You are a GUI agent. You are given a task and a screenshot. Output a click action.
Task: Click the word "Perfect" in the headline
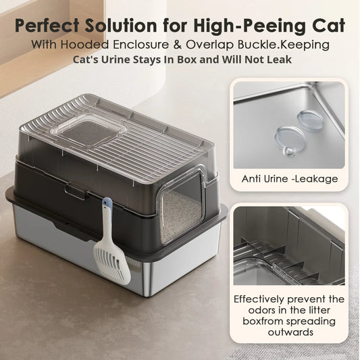(x=47, y=25)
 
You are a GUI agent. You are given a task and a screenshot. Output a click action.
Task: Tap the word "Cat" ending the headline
(x=327, y=25)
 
